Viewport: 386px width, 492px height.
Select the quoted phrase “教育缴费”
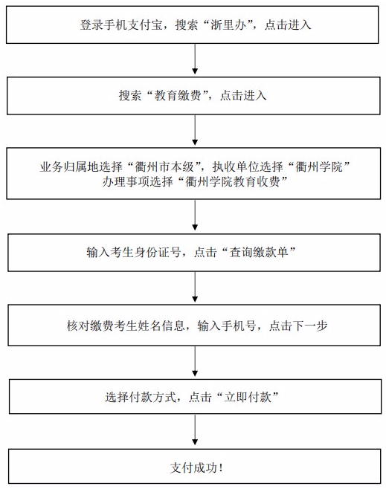tap(178, 95)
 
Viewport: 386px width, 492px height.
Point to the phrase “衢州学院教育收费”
tap(232, 181)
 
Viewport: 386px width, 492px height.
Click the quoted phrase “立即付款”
tap(248, 397)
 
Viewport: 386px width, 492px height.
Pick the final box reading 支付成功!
tap(195, 467)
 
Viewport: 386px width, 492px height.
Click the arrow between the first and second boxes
tap(195, 59)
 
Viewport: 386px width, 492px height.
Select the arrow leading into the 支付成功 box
tap(195, 430)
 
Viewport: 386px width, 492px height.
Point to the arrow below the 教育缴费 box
tap(195, 129)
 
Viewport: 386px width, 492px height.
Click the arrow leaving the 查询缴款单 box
tap(195, 287)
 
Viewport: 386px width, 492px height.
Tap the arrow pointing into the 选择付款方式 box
tap(195, 361)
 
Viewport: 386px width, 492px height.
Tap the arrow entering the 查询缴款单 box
tap(195, 216)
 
